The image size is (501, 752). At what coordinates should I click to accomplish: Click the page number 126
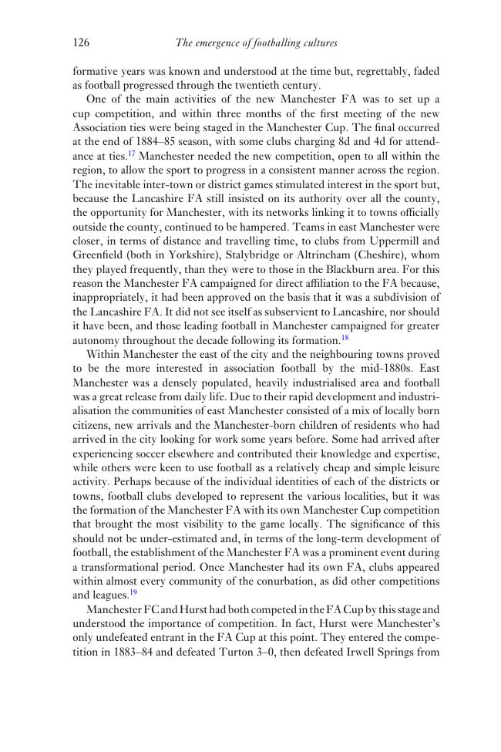tap(82, 43)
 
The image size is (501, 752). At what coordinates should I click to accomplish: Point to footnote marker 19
tap(133, 592)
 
